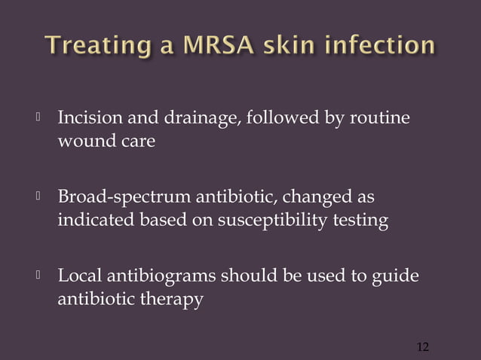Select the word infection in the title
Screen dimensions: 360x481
click(x=381, y=46)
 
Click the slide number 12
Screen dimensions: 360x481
click(x=422, y=346)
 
